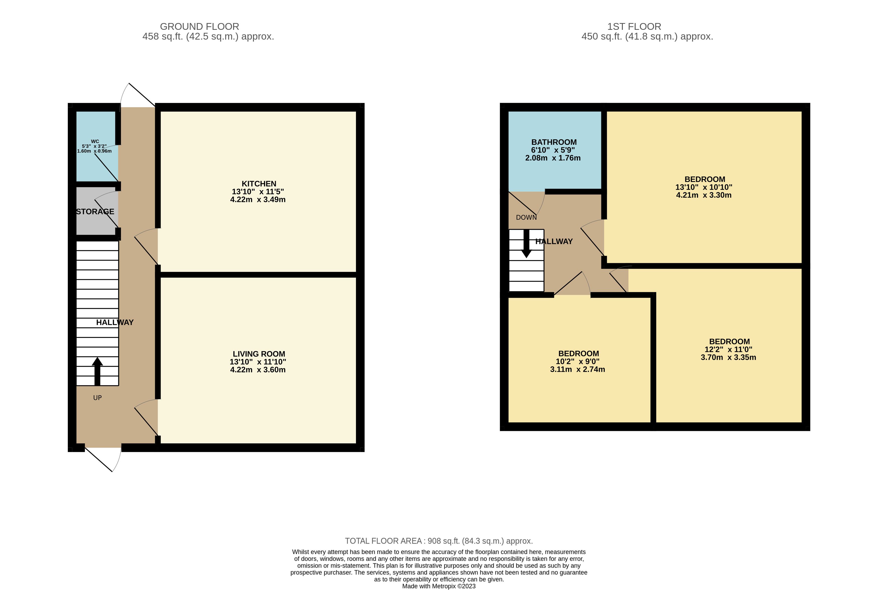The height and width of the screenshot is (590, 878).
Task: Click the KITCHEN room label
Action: point(259,184)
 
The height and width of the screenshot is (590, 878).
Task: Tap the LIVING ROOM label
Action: point(259,354)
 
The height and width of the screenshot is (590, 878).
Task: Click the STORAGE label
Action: point(95,211)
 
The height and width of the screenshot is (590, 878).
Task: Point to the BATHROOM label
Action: point(554,142)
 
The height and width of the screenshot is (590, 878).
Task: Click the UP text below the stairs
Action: point(97,398)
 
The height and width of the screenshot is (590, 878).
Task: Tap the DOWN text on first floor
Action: point(526,217)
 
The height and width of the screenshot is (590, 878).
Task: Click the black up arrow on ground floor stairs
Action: point(97,371)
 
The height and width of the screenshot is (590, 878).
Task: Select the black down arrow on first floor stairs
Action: point(526,244)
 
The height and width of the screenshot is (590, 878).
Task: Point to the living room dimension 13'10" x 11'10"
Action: point(258,362)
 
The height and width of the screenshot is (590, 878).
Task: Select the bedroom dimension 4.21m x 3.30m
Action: point(704,195)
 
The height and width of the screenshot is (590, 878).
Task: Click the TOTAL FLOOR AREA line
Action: point(439,541)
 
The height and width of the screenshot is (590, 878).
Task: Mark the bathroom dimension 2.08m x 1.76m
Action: point(553,158)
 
